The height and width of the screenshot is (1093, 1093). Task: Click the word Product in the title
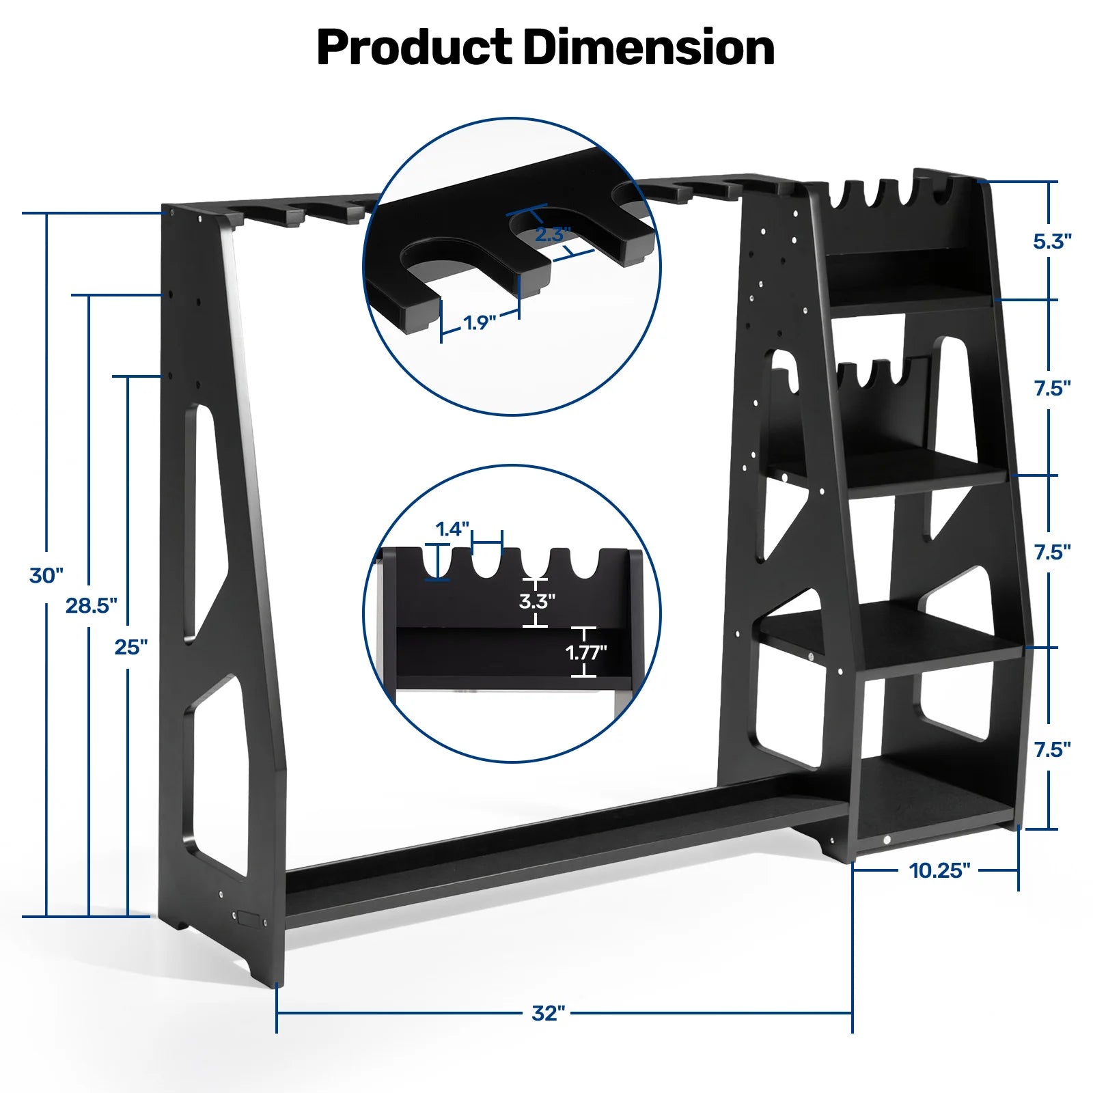pos(414,48)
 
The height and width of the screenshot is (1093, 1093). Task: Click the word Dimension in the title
pos(649,48)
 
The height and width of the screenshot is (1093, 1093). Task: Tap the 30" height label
pos(46,575)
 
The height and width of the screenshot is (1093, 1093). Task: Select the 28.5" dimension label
pos(92,605)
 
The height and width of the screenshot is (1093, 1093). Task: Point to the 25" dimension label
pos(130,646)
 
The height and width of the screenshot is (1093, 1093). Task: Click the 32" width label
pos(549,1012)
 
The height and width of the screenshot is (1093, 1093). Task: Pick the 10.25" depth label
pos(939,870)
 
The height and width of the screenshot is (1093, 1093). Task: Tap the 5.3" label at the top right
pos(1052,241)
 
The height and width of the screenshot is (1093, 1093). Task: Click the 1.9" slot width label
pos(480,322)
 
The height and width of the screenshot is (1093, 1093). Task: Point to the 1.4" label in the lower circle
pos(453,529)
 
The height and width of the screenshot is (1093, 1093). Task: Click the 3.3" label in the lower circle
pos(537,601)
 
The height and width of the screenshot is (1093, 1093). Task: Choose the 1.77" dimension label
pos(586,652)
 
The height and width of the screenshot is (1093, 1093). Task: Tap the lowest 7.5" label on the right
pos(1052,750)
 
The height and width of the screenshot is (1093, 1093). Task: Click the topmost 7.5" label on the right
pos(1052,389)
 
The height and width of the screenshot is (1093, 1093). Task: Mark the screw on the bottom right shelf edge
pos(887,840)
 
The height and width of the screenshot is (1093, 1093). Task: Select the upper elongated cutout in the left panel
pos(205,519)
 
